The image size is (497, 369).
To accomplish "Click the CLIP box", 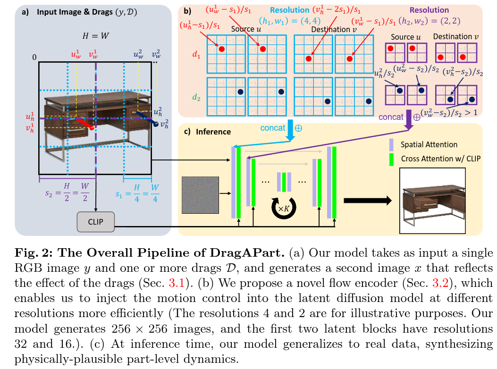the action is (x=95, y=222).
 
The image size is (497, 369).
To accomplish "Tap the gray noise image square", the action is (x=200, y=195).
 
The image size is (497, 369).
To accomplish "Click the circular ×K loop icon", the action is (x=284, y=208).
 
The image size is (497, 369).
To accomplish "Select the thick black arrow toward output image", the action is (x=368, y=201).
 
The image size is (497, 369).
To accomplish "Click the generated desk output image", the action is (x=432, y=201).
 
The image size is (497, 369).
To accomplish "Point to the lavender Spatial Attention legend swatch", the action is (x=391, y=144).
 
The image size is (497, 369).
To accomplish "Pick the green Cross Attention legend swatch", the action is (x=391, y=159).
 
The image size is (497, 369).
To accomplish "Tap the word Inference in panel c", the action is (x=213, y=132).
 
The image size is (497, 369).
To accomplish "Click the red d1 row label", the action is (x=196, y=55).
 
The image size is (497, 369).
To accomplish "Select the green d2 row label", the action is (x=196, y=97).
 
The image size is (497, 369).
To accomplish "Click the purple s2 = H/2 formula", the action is (x=67, y=192).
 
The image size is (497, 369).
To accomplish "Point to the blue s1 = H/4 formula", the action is (x=137, y=193).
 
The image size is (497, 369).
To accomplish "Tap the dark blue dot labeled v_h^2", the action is (x=156, y=125).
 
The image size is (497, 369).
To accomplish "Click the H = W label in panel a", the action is (x=95, y=36).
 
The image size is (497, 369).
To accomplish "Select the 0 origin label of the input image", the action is (x=34, y=58).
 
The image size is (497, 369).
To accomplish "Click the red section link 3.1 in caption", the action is (x=177, y=283).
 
